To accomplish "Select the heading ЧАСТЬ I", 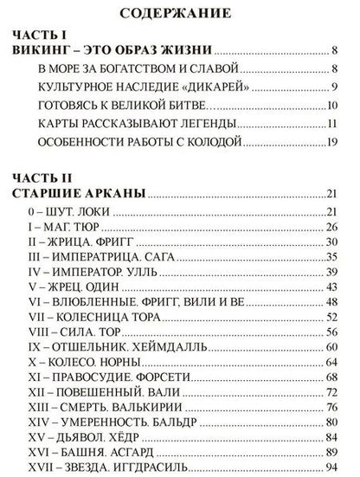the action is [x=42, y=36].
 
